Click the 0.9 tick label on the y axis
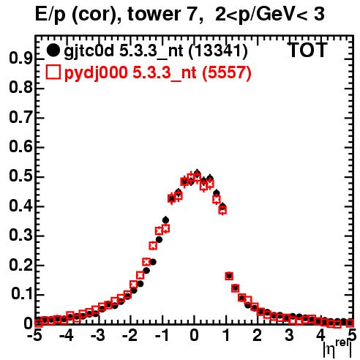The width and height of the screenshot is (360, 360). point(20,58)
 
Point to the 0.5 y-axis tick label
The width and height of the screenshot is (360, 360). point(20,176)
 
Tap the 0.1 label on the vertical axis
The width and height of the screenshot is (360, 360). point(23,294)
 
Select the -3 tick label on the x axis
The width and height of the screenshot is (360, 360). point(97,336)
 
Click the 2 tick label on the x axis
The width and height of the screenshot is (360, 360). point(258,336)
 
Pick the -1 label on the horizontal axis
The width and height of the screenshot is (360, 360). point(161,336)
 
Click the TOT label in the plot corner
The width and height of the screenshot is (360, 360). point(308,50)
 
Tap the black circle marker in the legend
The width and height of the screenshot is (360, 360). point(53,50)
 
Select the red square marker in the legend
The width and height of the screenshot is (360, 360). point(53,72)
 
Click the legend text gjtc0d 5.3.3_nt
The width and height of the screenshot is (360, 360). point(124,51)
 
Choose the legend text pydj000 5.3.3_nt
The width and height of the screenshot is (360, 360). point(130,73)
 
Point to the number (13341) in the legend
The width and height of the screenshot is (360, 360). point(218,51)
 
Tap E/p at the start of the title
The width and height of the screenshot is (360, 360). point(50,15)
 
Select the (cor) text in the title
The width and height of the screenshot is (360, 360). point(97,15)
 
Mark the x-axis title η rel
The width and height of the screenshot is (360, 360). point(338,348)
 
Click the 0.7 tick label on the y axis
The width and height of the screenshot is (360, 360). point(20,117)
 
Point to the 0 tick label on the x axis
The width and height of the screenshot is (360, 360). point(194,336)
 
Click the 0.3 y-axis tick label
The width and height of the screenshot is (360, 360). point(20,235)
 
